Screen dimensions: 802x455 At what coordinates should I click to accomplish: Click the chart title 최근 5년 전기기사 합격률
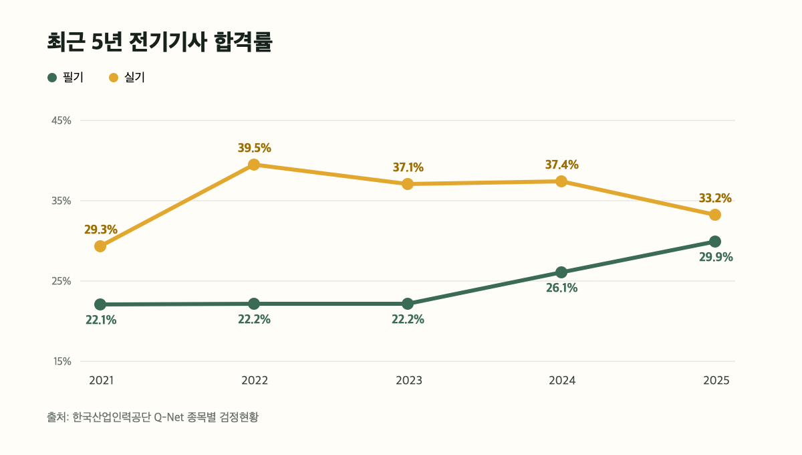(x=160, y=42)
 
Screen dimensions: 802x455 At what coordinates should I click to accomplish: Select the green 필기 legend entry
(x=65, y=78)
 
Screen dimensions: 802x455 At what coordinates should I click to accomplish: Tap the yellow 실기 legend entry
(x=127, y=78)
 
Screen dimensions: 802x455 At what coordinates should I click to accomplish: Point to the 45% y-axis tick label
(x=61, y=120)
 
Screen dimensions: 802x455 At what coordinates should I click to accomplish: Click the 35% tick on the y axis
(x=61, y=201)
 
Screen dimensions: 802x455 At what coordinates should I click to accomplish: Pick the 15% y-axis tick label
(x=62, y=361)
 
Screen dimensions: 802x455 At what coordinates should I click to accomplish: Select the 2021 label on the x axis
(x=102, y=381)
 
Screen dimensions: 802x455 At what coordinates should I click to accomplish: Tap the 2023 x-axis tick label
(x=409, y=381)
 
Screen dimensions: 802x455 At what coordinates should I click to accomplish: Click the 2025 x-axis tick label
(x=716, y=381)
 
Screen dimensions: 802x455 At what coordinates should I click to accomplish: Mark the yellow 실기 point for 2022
(x=254, y=165)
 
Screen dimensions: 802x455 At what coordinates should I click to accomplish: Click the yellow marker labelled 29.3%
(x=100, y=246)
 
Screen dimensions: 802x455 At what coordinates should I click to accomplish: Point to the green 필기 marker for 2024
(x=561, y=272)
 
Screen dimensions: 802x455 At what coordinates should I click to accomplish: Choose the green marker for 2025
(x=715, y=242)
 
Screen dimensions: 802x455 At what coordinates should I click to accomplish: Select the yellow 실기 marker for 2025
(x=715, y=215)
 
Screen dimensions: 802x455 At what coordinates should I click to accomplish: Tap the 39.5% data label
(x=255, y=148)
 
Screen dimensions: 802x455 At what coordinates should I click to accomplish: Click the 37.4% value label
(x=562, y=165)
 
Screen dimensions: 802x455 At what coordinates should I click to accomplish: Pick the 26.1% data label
(x=562, y=288)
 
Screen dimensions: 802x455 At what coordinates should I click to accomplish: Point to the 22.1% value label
(x=101, y=320)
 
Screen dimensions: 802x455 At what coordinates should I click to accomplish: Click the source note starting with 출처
(x=152, y=417)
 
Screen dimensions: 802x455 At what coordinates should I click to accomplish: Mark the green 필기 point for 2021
(x=100, y=304)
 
